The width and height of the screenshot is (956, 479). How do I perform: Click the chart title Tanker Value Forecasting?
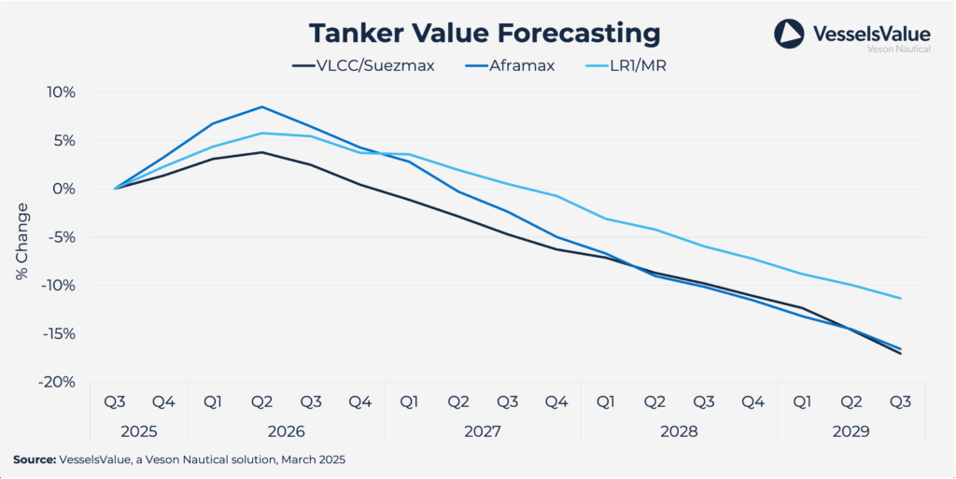click(x=485, y=34)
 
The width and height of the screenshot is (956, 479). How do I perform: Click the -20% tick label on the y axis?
click(x=56, y=382)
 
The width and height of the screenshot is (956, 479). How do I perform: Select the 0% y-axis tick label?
click(x=63, y=189)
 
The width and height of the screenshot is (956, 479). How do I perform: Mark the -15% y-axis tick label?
click(x=56, y=333)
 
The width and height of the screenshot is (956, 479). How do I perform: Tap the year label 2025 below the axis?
click(x=139, y=432)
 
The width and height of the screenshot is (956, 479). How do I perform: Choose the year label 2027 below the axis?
click(x=483, y=432)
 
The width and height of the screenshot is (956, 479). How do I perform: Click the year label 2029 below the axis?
click(x=851, y=432)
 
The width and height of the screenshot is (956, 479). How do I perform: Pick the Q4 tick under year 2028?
click(x=752, y=402)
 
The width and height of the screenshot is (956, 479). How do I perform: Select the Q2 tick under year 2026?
click(x=261, y=402)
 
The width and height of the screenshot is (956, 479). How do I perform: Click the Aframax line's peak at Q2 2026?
click(x=262, y=106)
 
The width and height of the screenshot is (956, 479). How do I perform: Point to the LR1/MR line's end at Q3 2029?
click(x=900, y=299)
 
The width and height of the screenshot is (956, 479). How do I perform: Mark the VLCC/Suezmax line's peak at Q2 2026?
click(x=262, y=152)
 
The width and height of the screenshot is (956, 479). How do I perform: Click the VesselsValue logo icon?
click(x=789, y=35)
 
